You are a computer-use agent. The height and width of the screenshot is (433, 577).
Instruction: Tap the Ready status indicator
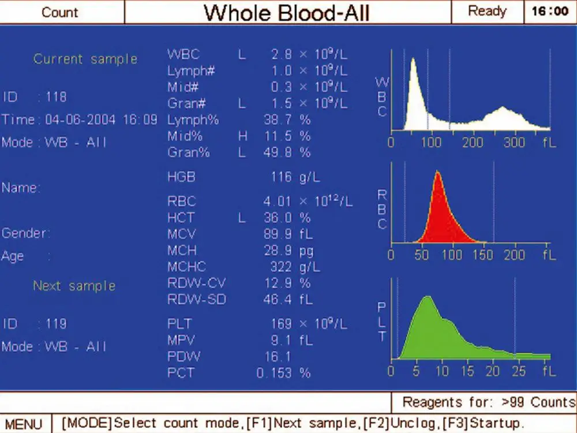(487, 12)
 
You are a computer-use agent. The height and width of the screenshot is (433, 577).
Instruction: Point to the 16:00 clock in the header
(550, 12)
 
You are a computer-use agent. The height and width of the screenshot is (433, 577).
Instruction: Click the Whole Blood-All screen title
(287, 13)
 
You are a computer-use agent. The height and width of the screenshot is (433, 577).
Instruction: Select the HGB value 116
(281, 177)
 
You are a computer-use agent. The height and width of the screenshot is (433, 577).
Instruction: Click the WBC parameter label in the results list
(183, 55)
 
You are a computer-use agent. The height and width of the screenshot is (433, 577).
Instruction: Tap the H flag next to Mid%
(242, 137)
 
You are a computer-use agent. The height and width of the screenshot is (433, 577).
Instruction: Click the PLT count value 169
(281, 324)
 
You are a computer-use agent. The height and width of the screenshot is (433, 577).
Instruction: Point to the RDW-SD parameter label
(196, 300)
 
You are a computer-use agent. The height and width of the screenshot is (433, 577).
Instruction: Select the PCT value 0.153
(274, 373)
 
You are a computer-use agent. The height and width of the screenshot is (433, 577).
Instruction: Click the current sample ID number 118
(56, 97)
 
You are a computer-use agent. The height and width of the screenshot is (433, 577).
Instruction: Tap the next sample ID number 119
(56, 324)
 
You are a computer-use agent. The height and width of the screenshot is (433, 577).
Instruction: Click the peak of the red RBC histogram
(437, 173)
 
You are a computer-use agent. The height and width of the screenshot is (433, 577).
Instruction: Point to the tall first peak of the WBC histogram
(413, 59)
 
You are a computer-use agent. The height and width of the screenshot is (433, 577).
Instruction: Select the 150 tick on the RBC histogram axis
(485, 255)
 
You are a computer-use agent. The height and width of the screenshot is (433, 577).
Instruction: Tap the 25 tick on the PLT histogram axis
(518, 371)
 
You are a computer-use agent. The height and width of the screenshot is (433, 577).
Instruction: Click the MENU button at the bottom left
(24, 424)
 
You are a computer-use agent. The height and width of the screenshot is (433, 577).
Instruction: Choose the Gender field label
(26, 234)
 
